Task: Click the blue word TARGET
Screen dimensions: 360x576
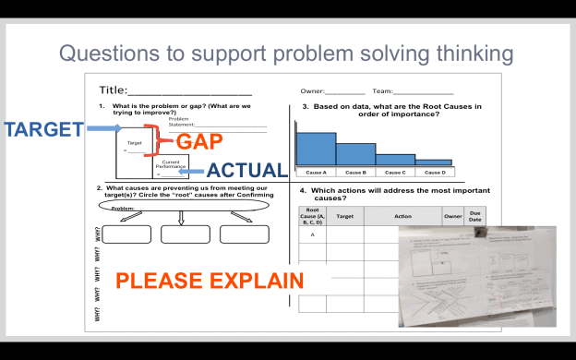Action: (x=43, y=129)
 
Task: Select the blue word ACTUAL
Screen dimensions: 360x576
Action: (x=246, y=171)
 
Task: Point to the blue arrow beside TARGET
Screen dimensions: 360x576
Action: (x=106, y=129)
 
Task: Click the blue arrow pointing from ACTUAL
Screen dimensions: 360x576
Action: (x=191, y=171)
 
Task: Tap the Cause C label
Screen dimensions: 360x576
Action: (x=394, y=173)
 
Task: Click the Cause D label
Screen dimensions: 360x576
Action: (x=433, y=173)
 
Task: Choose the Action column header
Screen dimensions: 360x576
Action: (x=402, y=216)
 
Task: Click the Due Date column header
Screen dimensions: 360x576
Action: (x=474, y=216)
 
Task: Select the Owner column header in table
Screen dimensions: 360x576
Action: (x=452, y=216)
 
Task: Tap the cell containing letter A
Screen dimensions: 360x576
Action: (x=313, y=234)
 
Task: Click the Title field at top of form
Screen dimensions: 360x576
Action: (x=174, y=90)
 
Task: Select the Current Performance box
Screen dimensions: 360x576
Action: (x=169, y=167)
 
